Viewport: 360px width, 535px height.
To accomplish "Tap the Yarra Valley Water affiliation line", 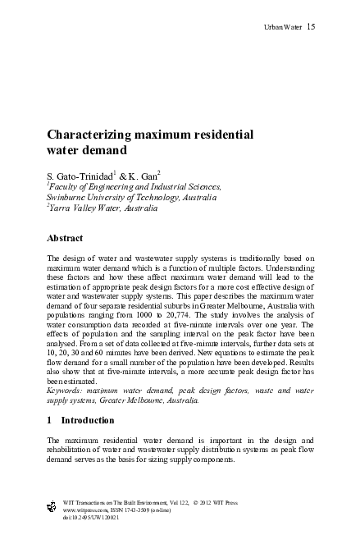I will (95, 209).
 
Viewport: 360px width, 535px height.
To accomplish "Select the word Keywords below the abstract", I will (68, 391).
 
